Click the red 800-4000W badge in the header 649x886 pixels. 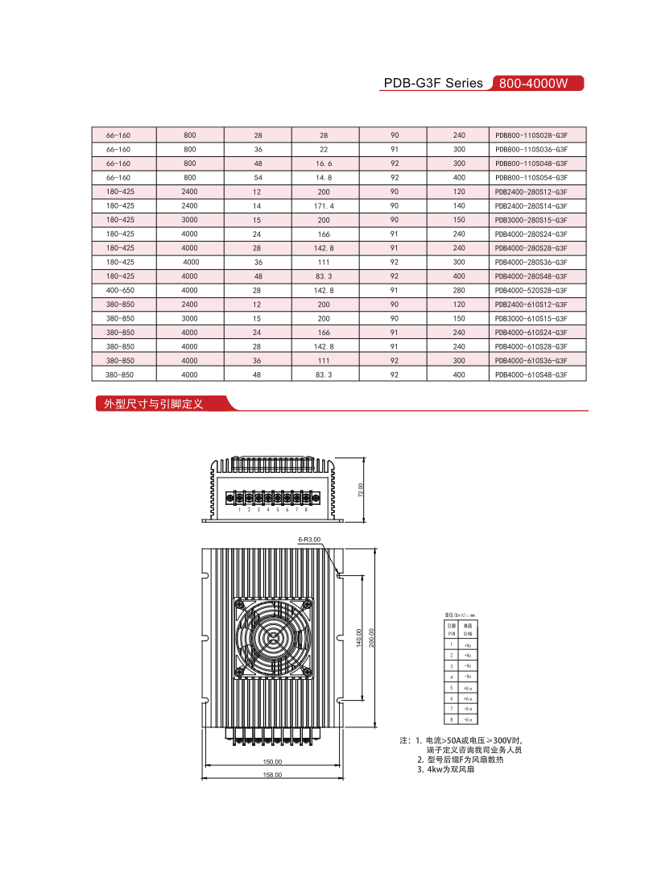(535, 83)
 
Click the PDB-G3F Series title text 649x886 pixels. (433, 83)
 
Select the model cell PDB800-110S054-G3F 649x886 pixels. (531, 177)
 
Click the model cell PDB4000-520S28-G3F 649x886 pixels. (531, 290)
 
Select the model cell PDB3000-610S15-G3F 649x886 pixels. (531, 318)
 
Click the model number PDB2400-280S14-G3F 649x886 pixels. (531, 205)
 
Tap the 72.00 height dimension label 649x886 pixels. (362, 491)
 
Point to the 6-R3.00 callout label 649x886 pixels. (309, 539)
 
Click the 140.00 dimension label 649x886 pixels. (359, 637)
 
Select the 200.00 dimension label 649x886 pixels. (372, 637)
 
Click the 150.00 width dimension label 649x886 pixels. (273, 761)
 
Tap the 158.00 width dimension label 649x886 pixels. (273, 775)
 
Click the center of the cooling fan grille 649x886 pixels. (273, 637)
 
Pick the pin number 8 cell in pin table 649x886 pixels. (452, 718)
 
